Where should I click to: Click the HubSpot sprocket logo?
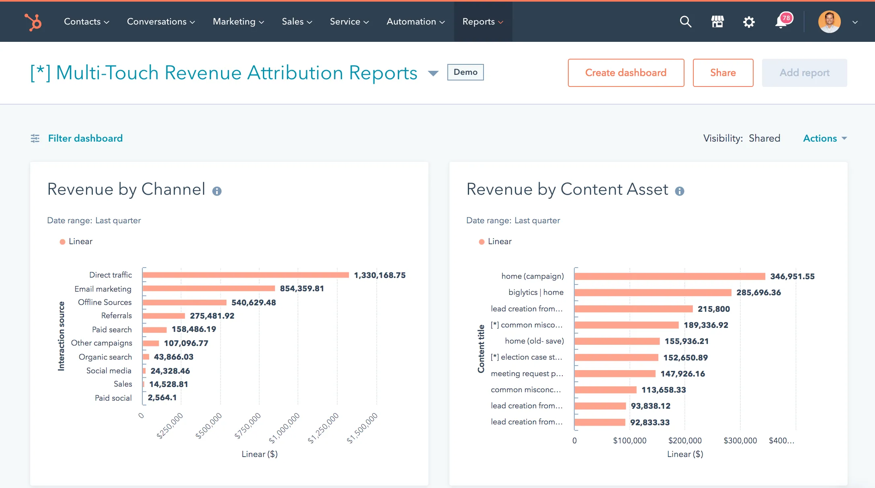coord(33,22)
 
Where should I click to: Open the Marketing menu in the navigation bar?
coord(238,22)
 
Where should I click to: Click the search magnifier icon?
coord(685,22)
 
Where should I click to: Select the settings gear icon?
coord(748,22)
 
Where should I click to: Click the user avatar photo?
coord(829,22)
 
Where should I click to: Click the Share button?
coord(723,73)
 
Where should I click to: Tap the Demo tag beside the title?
coord(465,72)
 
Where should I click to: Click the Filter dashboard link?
coord(85,138)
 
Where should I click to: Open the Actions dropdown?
coord(824,138)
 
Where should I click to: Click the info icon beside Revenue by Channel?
coord(217,191)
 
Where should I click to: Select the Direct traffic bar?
coord(245,275)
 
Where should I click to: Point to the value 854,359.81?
coord(302,288)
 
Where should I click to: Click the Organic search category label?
coord(105,357)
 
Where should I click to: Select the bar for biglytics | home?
coord(652,292)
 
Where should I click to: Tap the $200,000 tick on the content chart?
coord(684,441)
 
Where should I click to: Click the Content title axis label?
coord(481,349)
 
